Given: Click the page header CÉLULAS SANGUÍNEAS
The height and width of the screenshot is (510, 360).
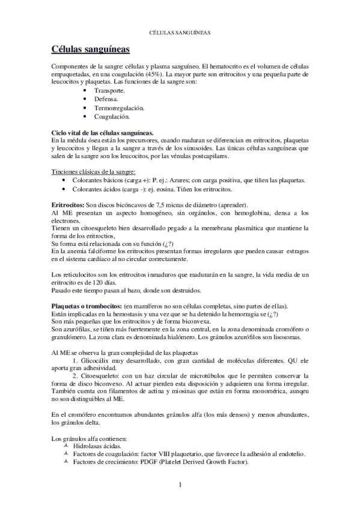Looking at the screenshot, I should (180, 34).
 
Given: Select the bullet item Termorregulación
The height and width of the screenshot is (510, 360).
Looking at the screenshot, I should (119, 107).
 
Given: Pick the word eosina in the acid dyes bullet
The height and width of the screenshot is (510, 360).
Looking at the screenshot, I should (153, 189).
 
